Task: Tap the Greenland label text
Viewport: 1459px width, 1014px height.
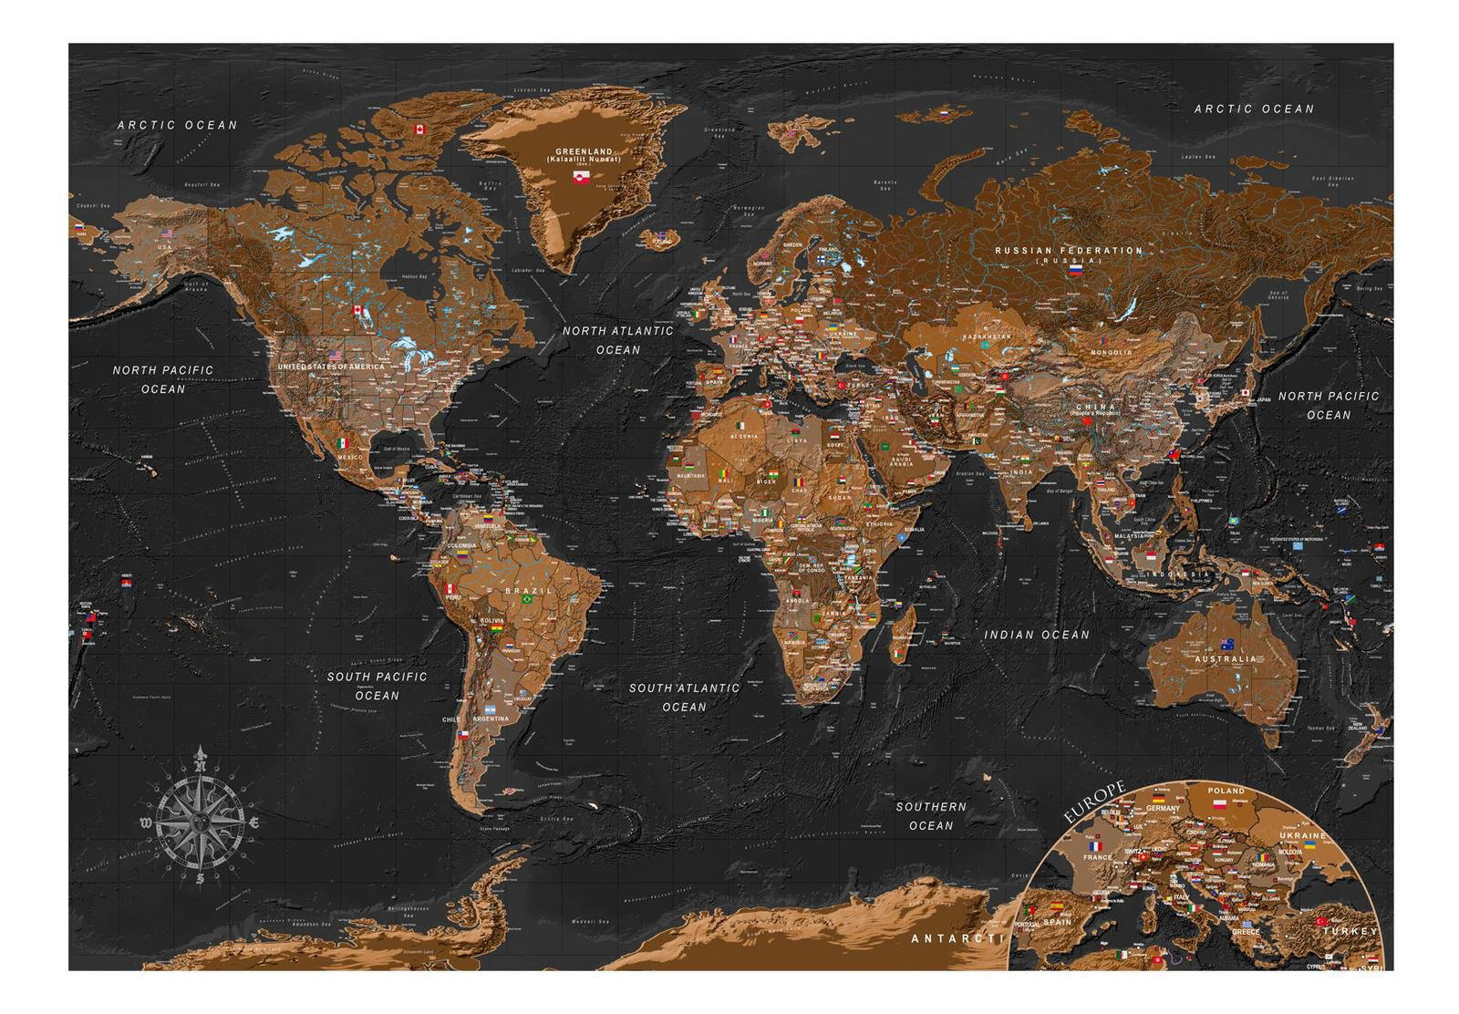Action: click(585, 151)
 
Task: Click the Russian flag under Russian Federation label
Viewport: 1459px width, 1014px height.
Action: click(1075, 271)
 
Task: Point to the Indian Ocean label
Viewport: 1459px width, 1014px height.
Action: click(1036, 635)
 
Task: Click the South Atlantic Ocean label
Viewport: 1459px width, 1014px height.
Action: click(684, 698)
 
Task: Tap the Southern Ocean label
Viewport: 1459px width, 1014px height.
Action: click(930, 816)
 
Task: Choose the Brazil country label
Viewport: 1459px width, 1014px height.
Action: click(528, 591)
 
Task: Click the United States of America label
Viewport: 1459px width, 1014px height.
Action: click(331, 367)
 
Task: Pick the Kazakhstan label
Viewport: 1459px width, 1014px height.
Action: click(987, 336)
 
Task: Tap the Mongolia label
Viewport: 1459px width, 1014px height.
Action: click(1112, 352)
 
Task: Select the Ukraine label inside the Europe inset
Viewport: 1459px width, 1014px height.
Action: click(1301, 834)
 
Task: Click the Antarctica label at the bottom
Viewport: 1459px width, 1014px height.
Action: click(956, 938)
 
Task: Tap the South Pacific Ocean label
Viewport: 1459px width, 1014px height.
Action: click(377, 686)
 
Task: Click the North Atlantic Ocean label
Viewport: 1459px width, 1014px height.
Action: click(617, 340)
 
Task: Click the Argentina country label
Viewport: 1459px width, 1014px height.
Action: click(492, 719)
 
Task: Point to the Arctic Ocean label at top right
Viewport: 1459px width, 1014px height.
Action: click(1254, 109)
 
